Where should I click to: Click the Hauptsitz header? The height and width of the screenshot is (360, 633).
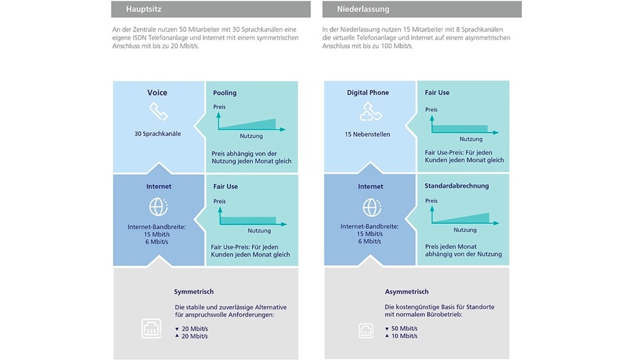(144, 9)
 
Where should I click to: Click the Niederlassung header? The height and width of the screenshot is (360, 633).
(363, 9)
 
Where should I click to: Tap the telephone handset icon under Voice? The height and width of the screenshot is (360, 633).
(158, 112)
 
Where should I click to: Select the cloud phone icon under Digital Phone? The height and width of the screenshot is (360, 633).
(370, 111)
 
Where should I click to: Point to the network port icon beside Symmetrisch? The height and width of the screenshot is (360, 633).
(152, 328)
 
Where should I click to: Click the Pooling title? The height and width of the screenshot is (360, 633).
(225, 93)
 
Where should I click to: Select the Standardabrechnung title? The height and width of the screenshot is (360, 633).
(456, 186)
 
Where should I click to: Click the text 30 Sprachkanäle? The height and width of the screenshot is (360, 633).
(158, 134)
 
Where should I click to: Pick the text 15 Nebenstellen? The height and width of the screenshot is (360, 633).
(370, 134)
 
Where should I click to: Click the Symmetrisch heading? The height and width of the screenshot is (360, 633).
(193, 291)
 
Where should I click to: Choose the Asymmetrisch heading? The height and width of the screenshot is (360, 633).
(407, 291)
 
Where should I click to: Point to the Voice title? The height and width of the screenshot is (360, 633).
(157, 93)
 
